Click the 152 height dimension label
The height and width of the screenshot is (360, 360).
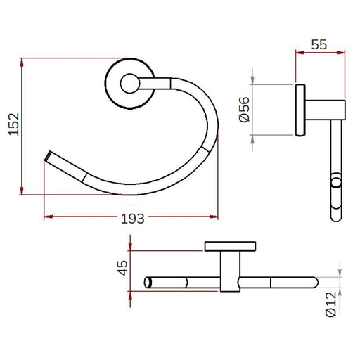coord(14,124)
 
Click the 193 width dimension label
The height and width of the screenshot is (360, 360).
coord(132,219)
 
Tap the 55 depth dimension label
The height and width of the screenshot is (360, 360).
coord(319,44)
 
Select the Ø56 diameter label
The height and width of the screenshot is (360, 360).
coord(244,110)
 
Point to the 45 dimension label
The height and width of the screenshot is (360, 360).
coord(122,268)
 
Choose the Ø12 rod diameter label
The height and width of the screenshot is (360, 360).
coord(331,304)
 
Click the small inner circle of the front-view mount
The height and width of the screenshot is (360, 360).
coord(130,83)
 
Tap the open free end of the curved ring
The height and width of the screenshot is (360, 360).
coord(48,156)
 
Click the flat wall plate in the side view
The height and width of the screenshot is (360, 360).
coord(300,110)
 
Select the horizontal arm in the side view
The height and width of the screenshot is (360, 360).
coord(326,110)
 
